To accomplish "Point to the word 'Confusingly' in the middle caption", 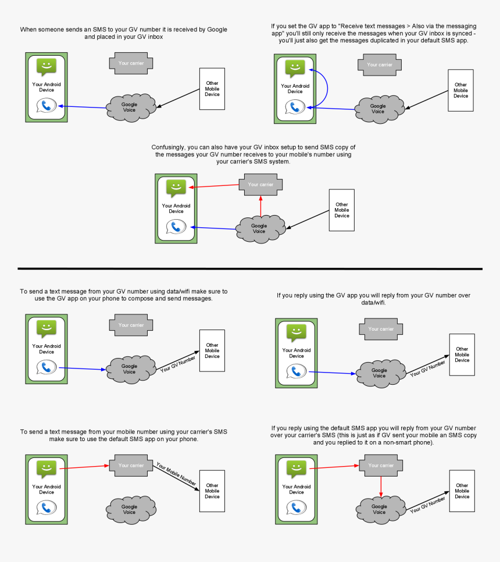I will [x=169, y=147].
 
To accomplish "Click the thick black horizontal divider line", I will [x=250, y=269].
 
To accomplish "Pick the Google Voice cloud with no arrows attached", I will [x=130, y=510].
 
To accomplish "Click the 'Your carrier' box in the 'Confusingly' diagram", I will [x=260, y=185].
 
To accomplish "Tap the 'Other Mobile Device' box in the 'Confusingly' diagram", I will [x=341, y=210].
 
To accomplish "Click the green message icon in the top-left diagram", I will [x=47, y=67].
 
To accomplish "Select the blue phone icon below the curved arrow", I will [x=295, y=107].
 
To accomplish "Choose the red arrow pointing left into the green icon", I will [x=214, y=187].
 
